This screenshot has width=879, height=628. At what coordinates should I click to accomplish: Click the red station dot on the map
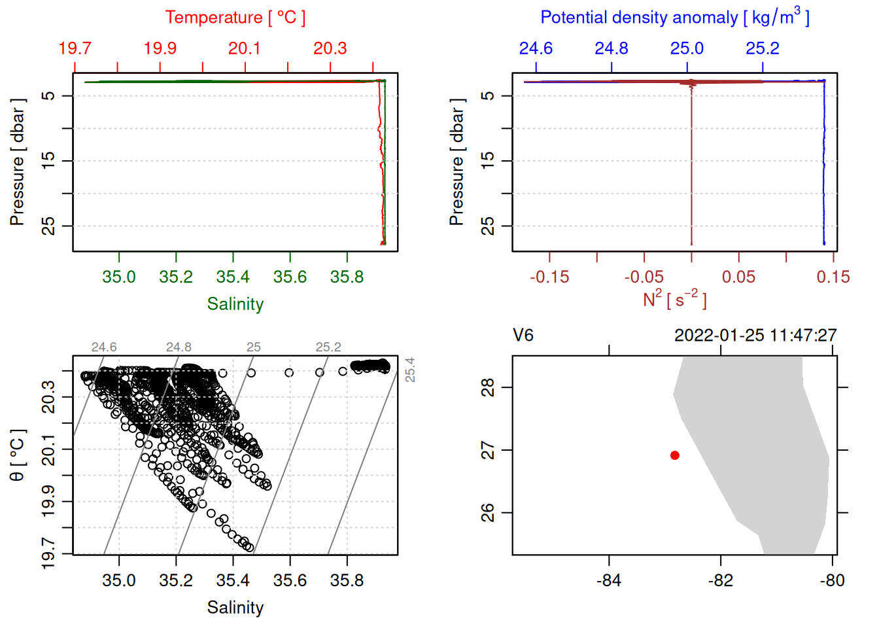point(675,455)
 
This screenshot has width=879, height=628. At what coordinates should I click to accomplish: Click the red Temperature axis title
point(235,18)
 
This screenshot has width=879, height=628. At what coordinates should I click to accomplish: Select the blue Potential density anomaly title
point(674,17)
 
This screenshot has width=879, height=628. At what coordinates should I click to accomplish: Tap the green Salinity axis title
point(235,304)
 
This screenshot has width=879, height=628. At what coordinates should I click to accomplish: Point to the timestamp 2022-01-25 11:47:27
point(755,336)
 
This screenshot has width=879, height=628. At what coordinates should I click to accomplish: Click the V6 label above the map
point(523,336)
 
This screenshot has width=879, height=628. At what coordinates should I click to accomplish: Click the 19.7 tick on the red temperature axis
point(75,48)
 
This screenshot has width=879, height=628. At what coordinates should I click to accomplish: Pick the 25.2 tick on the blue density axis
point(763,48)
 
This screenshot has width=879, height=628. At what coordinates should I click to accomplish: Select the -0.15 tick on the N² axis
point(549,277)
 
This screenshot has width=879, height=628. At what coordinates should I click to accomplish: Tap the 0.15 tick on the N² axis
point(833,277)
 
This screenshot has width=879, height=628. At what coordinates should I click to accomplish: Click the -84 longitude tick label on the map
point(609,580)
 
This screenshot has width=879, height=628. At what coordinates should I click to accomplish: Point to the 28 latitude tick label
point(488,387)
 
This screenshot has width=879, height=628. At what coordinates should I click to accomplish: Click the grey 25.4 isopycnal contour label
point(410,370)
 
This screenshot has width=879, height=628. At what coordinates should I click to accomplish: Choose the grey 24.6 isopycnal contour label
point(104,347)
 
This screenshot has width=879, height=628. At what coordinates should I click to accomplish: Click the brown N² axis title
point(674,300)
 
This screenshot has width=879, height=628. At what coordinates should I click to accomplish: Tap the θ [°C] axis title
point(18,455)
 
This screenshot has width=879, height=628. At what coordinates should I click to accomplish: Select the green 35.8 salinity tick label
point(347,277)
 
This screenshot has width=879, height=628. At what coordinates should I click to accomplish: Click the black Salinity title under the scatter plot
point(235,608)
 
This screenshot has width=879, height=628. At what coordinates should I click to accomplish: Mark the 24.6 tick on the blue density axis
point(536,48)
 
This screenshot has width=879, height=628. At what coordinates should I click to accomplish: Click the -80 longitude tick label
point(832,580)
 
